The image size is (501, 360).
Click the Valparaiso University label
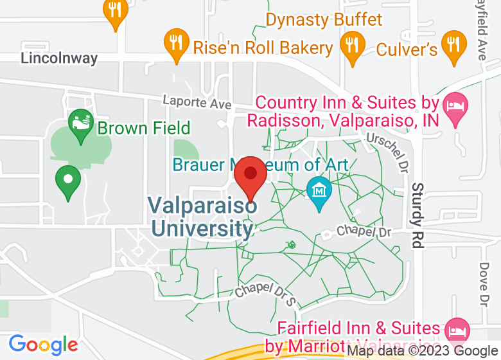(202, 217)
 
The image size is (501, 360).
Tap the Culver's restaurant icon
(455, 44)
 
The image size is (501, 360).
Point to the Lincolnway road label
(59, 58)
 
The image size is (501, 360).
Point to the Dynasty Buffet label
(324, 20)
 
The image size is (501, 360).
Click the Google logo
(42, 345)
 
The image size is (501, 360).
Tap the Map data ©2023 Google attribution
(423, 351)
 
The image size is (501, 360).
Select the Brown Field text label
(144, 128)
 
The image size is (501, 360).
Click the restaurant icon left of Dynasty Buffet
(116, 12)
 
